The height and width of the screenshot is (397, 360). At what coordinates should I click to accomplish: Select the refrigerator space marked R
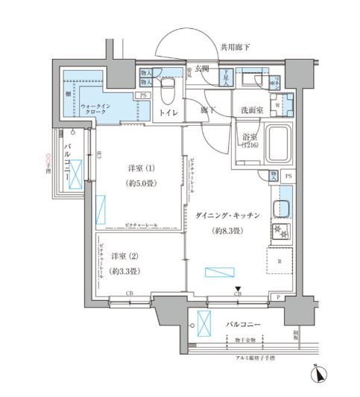[280, 261]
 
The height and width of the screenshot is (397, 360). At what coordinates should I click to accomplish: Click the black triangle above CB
[237, 290]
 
